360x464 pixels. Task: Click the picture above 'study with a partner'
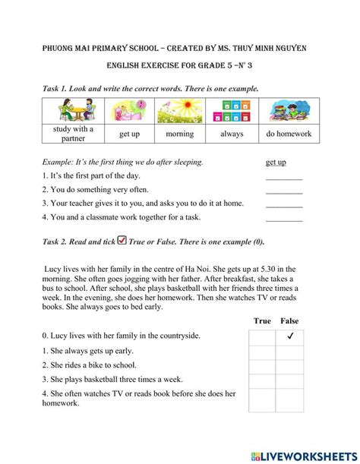click(x=73, y=112)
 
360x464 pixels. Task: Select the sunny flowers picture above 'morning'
click(x=180, y=112)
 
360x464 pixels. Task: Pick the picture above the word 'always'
click(x=232, y=112)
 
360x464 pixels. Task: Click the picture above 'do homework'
click(x=289, y=112)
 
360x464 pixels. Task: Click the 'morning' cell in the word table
click(x=180, y=134)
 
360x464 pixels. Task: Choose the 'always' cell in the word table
click(x=232, y=134)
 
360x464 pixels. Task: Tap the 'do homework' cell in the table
click(x=289, y=134)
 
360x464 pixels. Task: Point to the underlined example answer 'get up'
click(x=276, y=163)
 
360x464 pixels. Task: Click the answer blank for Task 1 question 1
click(x=283, y=177)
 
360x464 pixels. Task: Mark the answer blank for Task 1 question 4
click(x=283, y=219)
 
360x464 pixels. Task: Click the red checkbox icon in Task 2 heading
click(x=122, y=241)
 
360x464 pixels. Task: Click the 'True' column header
click(x=262, y=321)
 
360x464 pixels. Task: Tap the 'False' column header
click(x=289, y=321)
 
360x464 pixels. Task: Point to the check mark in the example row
click(x=289, y=336)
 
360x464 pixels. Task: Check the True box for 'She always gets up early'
click(x=262, y=352)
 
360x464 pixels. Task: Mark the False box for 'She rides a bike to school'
click(x=289, y=366)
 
